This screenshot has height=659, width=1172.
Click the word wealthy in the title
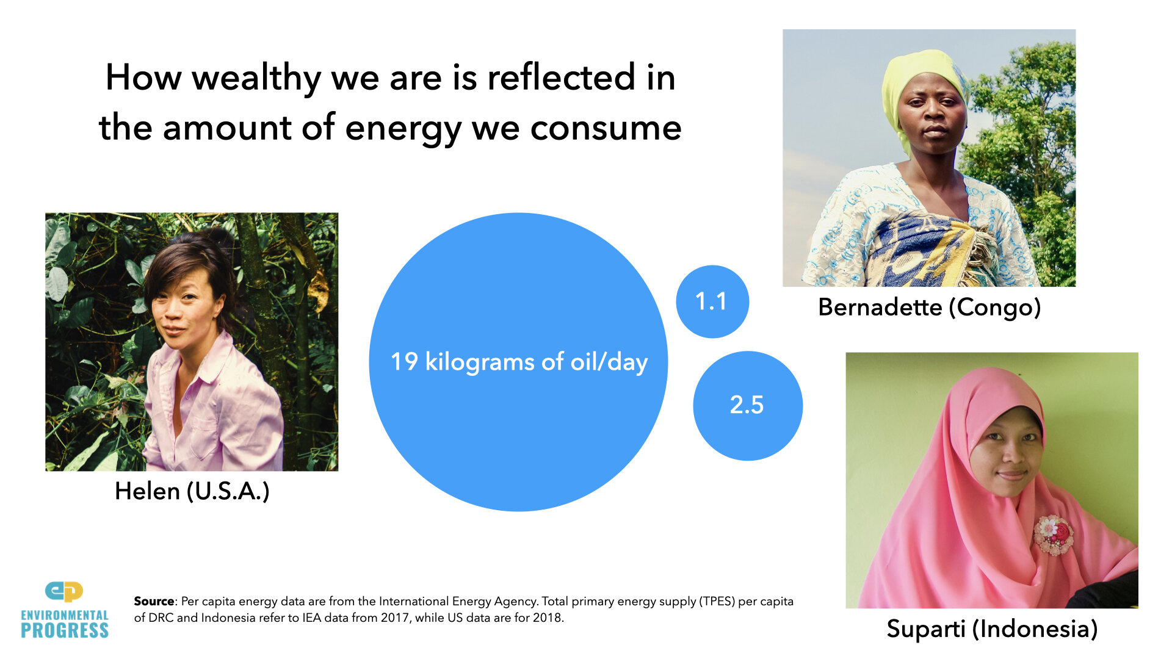[x=256, y=78]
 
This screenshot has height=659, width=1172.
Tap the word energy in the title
[x=402, y=129]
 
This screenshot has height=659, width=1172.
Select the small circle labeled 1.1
[x=712, y=301]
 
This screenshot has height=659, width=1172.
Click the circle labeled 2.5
[x=747, y=405]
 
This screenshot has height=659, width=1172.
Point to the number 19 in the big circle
[x=404, y=362]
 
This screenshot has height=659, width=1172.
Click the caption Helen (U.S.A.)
[x=192, y=491]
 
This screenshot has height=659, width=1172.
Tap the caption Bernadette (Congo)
[x=929, y=307]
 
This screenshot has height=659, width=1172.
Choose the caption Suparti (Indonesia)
[x=991, y=628]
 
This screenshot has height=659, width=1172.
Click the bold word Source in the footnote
[x=154, y=601]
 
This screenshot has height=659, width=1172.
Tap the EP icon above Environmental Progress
[x=64, y=591]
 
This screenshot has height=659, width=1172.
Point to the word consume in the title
[x=606, y=129]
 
